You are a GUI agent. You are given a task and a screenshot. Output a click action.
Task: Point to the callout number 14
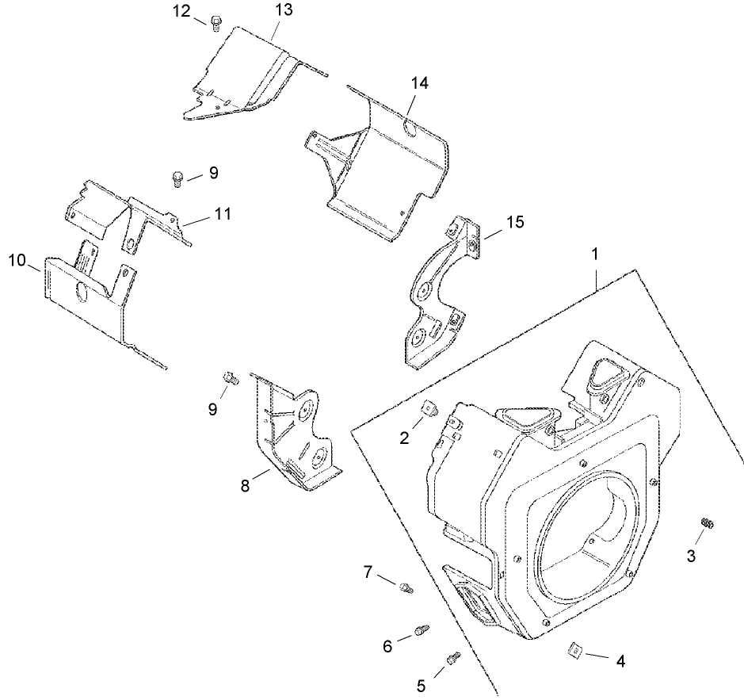click(x=420, y=83)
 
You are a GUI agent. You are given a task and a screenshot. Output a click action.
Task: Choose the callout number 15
click(x=515, y=222)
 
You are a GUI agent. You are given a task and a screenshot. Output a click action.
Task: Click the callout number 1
click(x=595, y=255)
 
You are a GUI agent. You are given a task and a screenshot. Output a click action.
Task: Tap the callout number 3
click(x=691, y=557)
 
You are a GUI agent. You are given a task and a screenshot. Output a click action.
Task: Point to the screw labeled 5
click(x=454, y=657)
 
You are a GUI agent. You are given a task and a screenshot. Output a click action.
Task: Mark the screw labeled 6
click(x=422, y=632)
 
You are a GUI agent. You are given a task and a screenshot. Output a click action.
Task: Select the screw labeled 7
click(x=406, y=587)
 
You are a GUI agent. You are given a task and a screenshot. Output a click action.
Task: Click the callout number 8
click(x=245, y=485)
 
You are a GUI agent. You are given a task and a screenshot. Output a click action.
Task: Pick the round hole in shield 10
click(x=82, y=291)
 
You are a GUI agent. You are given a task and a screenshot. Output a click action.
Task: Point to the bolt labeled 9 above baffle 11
click(x=178, y=178)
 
